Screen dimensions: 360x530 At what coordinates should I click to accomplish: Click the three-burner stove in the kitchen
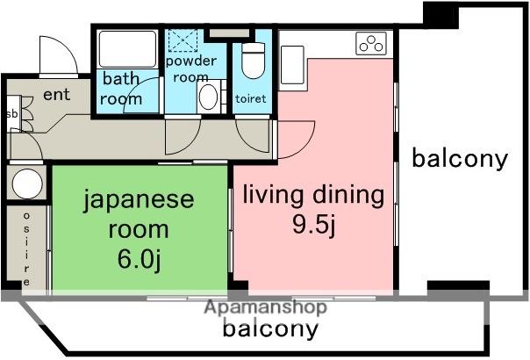pyautogui.click(x=372, y=42)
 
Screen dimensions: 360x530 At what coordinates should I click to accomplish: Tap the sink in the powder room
pyautogui.click(x=209, y=97)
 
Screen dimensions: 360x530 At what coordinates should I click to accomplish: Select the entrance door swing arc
pyautogui.click(x=60, y=55)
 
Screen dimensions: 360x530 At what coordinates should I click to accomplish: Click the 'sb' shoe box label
pyautogui.click(x=11, y=114)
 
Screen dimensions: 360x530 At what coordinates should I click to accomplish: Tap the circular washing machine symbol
pyautogui.click(x=26, y=184)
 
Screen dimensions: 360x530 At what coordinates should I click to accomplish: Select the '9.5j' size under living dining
pyautogui.click(x=313, y=224)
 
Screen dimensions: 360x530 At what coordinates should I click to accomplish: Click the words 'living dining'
pyautogui.click(x=313, y=194)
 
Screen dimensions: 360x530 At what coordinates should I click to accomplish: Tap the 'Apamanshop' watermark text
pyautogui.click(x=266, y=307)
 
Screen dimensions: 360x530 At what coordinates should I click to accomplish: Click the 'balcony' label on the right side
pyautogui.click(x=460, y=159)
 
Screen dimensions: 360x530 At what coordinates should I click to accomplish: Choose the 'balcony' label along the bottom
pyautogui.click(x=269, y=329)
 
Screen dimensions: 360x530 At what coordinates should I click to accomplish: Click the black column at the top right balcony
pyautogui.click(x=441, y=13)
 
